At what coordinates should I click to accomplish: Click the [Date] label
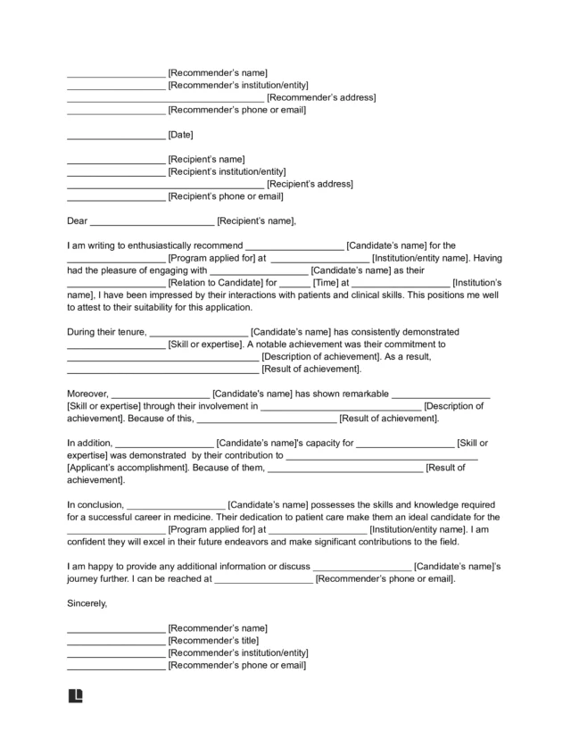(181, 135)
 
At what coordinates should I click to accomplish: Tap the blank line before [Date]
(116, 136)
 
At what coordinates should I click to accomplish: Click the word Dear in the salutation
(78, 221)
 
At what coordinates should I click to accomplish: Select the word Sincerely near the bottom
(87, 603)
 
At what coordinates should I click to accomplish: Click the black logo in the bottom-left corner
(76, 695)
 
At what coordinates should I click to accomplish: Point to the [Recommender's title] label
(213, 641)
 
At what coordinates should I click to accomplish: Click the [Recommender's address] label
(321, 97)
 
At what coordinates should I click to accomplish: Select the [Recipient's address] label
(310, 184)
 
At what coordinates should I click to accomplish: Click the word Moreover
(87, 394)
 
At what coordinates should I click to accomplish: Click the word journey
(86, 578)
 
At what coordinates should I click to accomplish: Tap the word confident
(88, 542)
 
